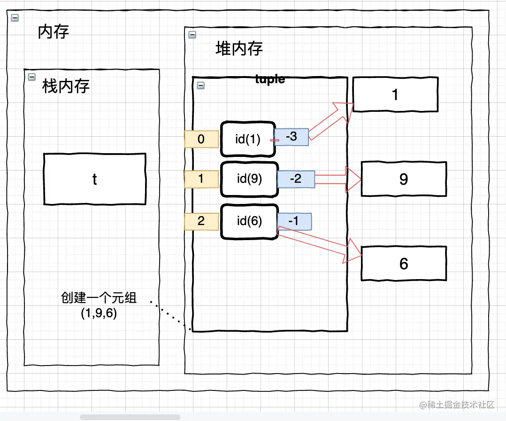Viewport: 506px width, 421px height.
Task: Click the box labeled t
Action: [x=94, y=179]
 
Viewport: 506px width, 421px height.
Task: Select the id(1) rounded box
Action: [x=247, y=139]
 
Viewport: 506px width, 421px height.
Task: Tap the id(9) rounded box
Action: [x=249, y=179]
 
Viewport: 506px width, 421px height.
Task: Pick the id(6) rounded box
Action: [x=249, y=221]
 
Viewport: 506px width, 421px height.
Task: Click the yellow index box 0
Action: [x=201, y=140]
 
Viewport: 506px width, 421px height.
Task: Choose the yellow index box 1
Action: [x=201, y=179]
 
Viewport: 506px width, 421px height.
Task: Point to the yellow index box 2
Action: [x=201, y=221]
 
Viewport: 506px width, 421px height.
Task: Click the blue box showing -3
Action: [x=291, y=137]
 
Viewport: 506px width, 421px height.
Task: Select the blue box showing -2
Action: [x=296, y=179]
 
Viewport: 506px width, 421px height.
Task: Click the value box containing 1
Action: [x=395, y=95]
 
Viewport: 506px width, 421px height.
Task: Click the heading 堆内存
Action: [x=239, y=48]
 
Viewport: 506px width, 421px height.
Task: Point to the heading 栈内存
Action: [x=66, y=86]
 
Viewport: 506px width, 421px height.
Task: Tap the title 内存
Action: [x=54, y=32]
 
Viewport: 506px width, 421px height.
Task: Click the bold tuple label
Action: [x=270, y=79]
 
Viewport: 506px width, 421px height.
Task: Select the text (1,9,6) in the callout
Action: [x=99, y=312]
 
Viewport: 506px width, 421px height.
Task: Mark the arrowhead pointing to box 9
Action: [x=353, y=179]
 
